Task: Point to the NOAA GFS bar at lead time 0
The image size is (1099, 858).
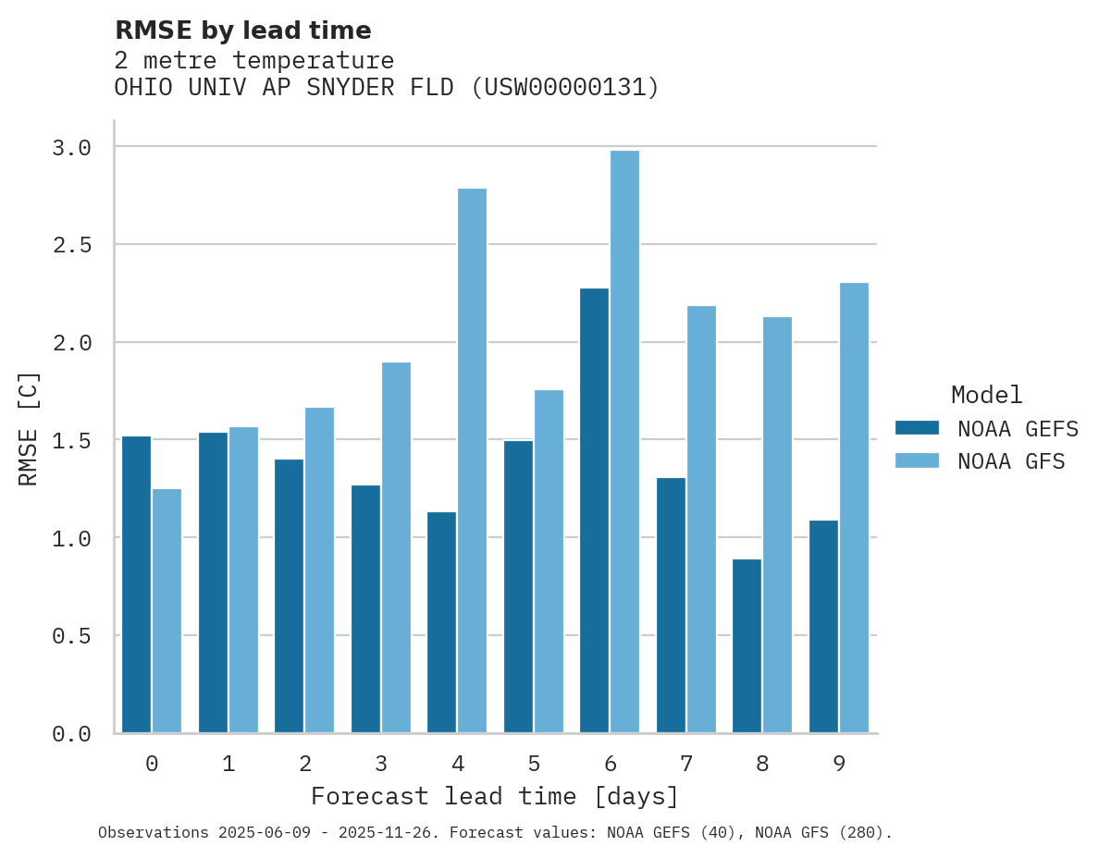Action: pyautogui.click(x=167, y=610)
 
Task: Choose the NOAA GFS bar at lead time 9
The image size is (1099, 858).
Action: pyautogui.click(x=854, y=508)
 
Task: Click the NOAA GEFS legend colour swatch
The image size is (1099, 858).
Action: pyautogui.click(x=917, y=428)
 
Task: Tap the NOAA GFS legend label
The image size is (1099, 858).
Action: pyautogui.click(x=1011, y=461)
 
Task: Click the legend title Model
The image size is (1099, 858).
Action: pyautogui.click(x=987, y=396)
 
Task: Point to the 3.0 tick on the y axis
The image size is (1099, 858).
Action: pyautogui.click(x=71, y=148)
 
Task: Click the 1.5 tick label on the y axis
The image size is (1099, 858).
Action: pyautogui.click(x=71, y=441)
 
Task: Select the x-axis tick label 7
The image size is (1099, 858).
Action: pyautogui.click(x=686, y=764)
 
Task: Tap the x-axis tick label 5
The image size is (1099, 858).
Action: pyautogui.click(x=534, y=764)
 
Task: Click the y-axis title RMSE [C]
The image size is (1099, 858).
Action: pyautogui.click(x=29, y=428)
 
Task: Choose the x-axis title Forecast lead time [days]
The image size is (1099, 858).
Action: pyautogui.click(x=495, y=797)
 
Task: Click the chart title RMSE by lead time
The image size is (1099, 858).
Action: pyautogui.click(x=242, y=31)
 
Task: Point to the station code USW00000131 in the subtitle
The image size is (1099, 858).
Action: pyautogui.click(x=564, y=88)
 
